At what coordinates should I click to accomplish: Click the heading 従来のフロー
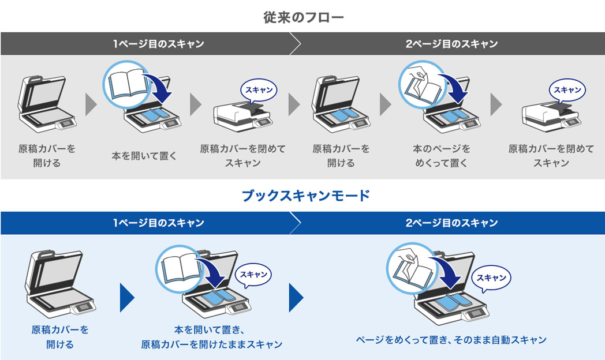pyautogui.click(x=303, y=17)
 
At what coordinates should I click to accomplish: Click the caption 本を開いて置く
pyautogui.click(x=144, y=155)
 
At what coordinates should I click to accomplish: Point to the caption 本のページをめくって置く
pyautogui.click(x=441, y=155)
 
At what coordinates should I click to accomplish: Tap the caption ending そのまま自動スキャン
pyautogui.click(x=451, y=340)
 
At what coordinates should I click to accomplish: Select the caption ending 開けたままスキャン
pyautogui.click(x=212, y=337)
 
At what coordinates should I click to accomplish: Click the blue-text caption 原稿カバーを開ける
pyautogui.click(x=60, y=337)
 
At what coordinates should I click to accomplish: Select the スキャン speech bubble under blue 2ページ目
pyautogui.click(x=491, y=277)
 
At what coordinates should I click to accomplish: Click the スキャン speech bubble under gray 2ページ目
pyautogui.click(x=567, y=90)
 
